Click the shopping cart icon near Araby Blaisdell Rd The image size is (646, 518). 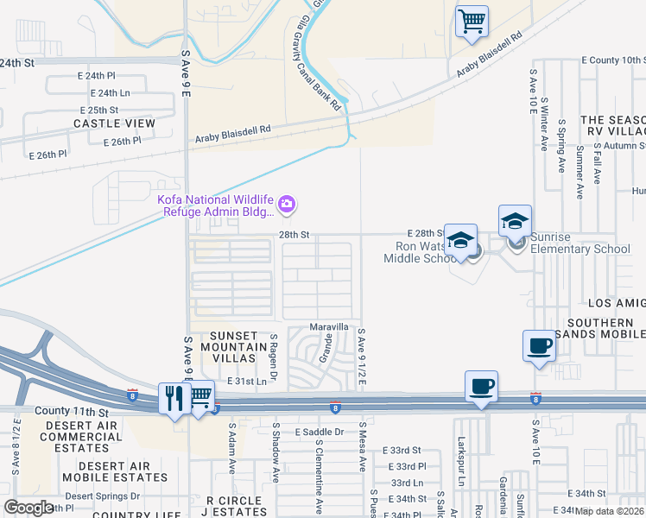click(x=472, y=22)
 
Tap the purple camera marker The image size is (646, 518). click(x=287, y=205)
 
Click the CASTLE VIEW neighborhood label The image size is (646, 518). click(x=114, y=123)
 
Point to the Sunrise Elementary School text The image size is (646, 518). click(x=580, y=250)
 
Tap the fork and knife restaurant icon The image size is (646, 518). click(x=174, y=397)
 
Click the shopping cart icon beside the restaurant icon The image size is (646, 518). click(x=199, y=397)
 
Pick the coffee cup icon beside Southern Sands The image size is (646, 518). click(x=539, y=346)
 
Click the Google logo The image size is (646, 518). click(x=28, y=507)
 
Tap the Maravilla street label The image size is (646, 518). click(x=330, y=327)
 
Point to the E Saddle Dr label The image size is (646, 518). click(x=319, y=432)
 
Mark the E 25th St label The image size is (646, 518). click(x=98, y=111)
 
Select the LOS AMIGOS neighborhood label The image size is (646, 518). click(x=616, y=304)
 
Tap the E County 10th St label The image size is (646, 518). click(x=613, y=60)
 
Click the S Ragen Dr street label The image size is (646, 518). click(x=272, y=354)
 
